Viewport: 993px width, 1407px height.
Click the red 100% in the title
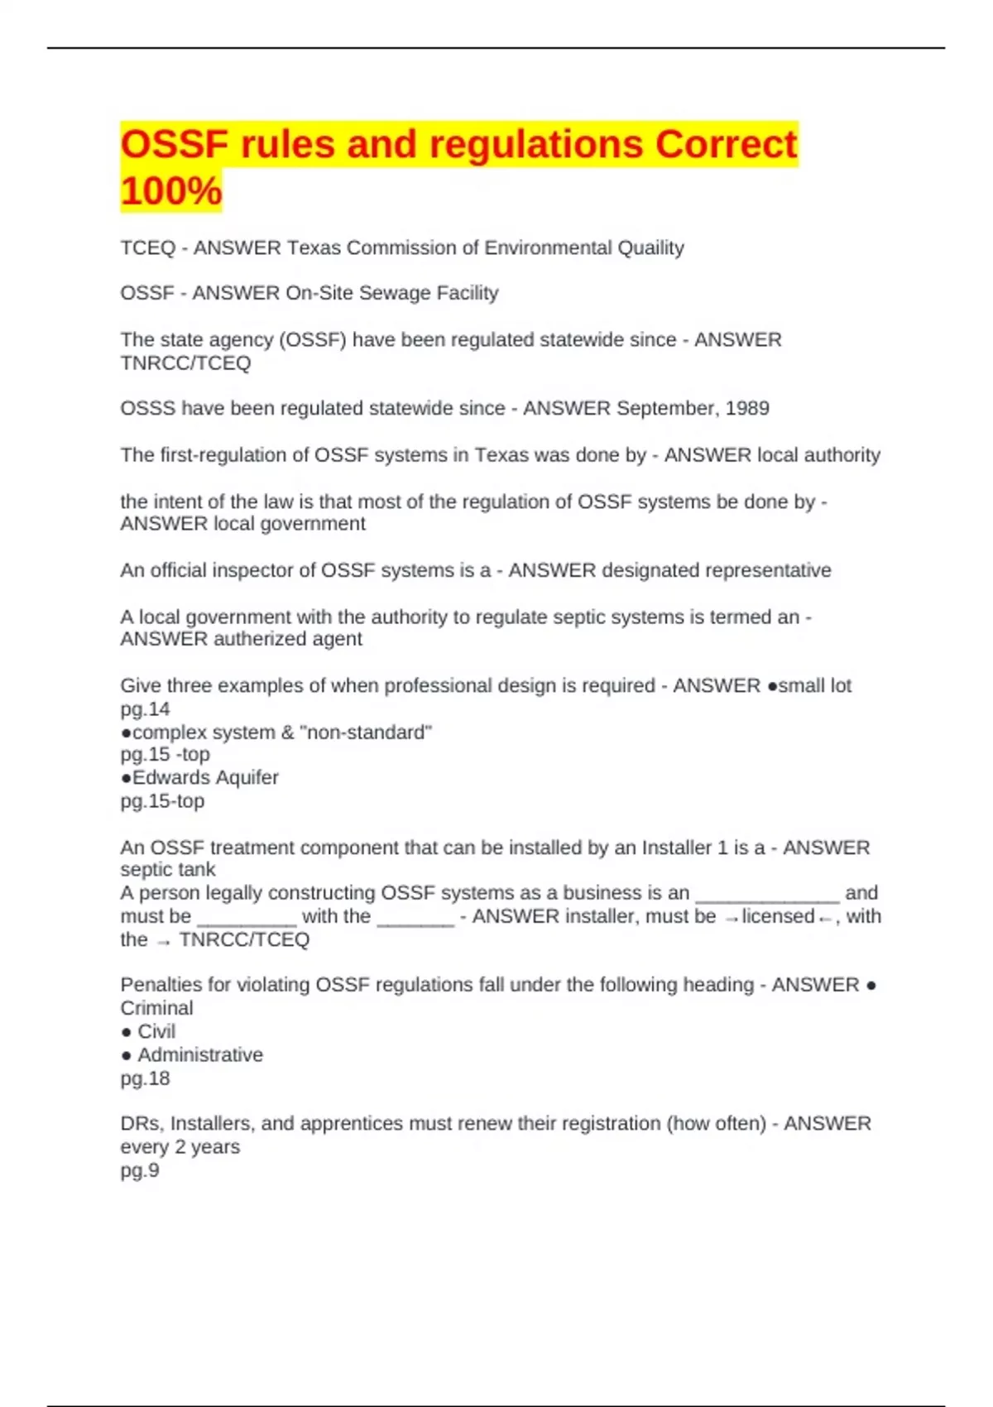pyautogui.click(x=171, y=190)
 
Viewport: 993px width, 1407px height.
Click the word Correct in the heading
pyautogui.click(x=726, y=145)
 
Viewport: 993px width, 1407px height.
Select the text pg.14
pyautogui.click(x=145, y=709)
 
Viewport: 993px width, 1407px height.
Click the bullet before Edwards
pyautogui.click(x=126, y=778)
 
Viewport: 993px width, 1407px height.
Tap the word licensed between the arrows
pyautogui.click(x=778, y=916)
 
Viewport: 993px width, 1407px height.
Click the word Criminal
pyautogui.click(x=156, y=1008)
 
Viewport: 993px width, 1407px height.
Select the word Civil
pyautogui.click(x=156, y=1031)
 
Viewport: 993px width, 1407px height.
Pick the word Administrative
pyautogui.click(x=200, y=1054)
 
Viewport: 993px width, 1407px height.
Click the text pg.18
pyautogui.click(x=145, y=1078)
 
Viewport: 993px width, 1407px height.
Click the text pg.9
pyautogui.click(x=140, y=1170)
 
